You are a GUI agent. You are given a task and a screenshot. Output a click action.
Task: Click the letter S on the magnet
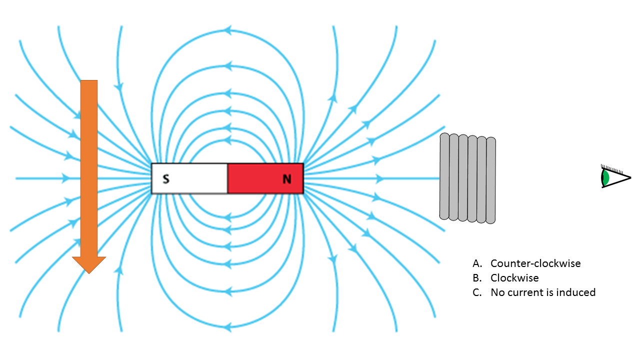(166, 179)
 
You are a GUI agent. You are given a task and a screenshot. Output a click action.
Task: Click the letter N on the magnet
(287, 179)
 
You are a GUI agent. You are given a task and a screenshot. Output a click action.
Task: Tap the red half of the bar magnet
(265, 178)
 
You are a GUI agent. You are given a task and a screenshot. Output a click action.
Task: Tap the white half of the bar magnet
(189, 178)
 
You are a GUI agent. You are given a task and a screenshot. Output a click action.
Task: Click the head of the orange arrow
(89, 265)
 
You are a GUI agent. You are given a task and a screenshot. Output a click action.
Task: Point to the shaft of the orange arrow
(89, 168)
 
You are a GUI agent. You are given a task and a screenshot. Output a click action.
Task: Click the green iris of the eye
(605, 177)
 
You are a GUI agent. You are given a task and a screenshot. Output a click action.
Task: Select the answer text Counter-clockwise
(535, 263)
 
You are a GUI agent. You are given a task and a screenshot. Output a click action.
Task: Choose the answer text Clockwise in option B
(514, 277)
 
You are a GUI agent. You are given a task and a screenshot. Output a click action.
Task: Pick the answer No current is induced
(543, 292)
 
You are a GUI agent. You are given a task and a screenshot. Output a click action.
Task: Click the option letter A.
(477, 263)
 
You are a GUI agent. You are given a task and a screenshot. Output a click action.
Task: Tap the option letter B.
(477, 277)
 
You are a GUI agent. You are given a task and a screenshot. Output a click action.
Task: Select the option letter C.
(477, 292)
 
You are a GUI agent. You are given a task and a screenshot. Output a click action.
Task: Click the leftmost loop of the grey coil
(444, 176)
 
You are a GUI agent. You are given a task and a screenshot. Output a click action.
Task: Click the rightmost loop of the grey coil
(491, 180)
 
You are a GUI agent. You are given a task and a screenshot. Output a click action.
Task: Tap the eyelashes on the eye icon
(612, 168)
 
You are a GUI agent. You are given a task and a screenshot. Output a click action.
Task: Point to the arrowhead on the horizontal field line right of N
(379, 178)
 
